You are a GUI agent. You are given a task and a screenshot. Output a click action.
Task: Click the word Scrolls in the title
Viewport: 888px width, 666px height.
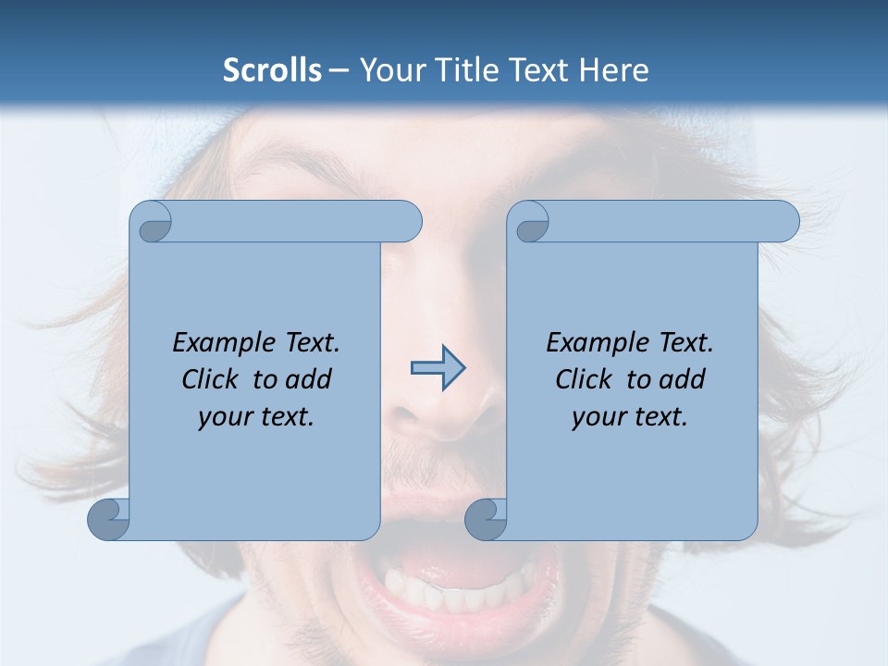click(272, 70)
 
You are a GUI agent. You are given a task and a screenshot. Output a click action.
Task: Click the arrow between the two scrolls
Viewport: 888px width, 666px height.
click(438, 369)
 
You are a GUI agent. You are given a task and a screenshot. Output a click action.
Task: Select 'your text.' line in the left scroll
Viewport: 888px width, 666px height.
click(256, 417)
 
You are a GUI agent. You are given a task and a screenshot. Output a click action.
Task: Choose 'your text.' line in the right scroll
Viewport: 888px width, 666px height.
click(630, 417)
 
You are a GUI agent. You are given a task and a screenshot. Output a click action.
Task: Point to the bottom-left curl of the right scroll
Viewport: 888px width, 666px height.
click(486, 519)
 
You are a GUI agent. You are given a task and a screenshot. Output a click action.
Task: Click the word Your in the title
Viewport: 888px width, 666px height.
click(388, 70)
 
